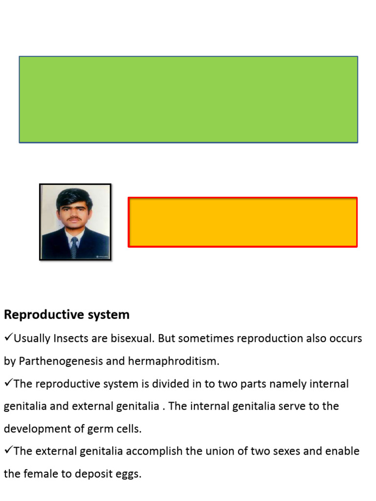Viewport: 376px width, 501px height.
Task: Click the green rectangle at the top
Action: click(188, 99)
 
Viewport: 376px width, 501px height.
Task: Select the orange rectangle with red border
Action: click(243, 222)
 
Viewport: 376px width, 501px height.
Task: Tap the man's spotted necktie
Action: click(74, 247)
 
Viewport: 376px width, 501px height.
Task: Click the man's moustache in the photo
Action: click(74, 220)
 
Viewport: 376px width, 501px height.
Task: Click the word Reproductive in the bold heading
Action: click(37, 315)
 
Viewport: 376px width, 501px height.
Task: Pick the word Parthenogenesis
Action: click(61, 362)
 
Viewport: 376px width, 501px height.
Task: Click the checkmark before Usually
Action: click(8, 338)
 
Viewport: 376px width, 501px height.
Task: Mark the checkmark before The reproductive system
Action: click(8, 384)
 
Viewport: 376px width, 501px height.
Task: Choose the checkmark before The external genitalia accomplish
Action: click(8, 451)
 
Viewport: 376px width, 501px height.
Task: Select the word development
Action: click(34, 429)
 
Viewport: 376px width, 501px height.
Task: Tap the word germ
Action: click(90, 429)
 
